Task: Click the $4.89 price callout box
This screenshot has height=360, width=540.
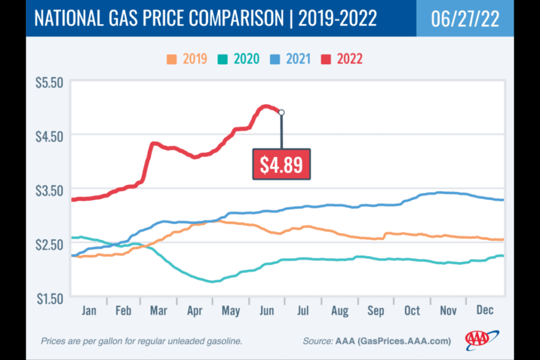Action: click(281, 164)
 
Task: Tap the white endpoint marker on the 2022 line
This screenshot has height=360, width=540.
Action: click(282, 112)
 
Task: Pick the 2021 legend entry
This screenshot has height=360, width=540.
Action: click(292, 58)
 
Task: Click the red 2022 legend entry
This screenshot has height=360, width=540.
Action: click(343, 58)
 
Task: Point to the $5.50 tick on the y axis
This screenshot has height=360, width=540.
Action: click(49, 83)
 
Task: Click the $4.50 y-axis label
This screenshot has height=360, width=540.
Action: click(49, 136)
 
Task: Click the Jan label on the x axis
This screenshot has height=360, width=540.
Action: click(89, 310)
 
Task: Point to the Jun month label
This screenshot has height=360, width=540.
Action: click(267, 310)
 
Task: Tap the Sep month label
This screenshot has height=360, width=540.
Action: click(376, 310)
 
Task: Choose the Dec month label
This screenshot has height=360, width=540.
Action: click(484, 310)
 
